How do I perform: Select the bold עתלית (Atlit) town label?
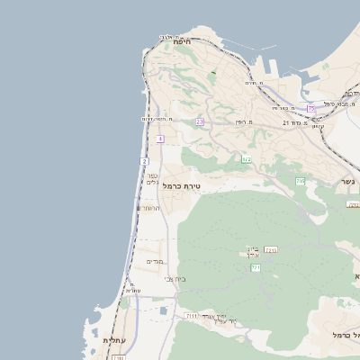pos(112,340)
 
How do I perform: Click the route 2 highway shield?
pos(144,161)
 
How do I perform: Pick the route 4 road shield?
pos(160,139)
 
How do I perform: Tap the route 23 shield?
pos(200,121)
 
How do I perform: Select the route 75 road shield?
pos(311,109)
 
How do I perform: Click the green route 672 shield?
pos(246,159)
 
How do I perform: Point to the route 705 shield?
pos(301,182)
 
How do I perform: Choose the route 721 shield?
pos(256,267)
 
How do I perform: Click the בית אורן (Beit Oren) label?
pos(253,251)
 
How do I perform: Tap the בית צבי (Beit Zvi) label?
pos(175,279)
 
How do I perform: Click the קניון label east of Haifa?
pos(318,125)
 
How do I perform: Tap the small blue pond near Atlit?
pos(163,310)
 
